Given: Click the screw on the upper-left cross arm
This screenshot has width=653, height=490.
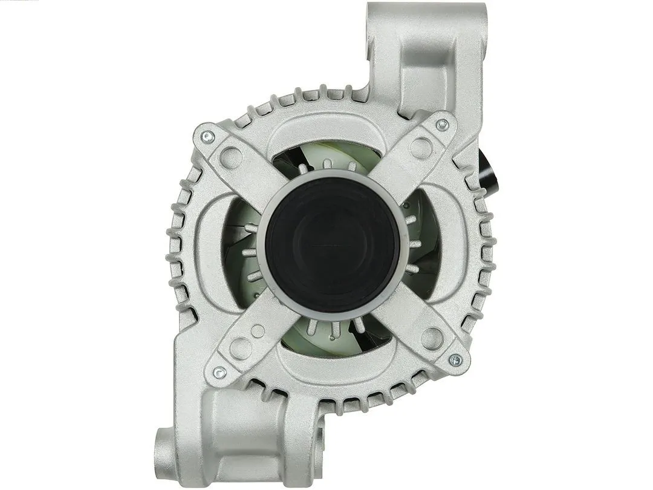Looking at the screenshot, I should pos(207,136).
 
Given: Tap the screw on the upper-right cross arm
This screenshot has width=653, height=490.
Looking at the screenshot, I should pos(442,125).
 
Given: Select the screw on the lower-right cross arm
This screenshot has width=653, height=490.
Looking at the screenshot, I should pos(455,361).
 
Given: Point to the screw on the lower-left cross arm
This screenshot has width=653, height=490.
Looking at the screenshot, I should pos(220,373).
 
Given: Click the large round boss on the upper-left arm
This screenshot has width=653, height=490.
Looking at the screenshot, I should pos(231,157).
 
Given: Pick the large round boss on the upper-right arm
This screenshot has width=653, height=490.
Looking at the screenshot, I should pos(421,147).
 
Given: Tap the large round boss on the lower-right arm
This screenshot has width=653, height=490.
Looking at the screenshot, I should pos(432,338).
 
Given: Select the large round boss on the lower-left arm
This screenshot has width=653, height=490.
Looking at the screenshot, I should pos(241,348).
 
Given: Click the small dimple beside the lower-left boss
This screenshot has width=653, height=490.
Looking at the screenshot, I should pos(258,331).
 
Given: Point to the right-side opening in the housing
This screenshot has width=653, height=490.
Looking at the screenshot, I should pos(426,242).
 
